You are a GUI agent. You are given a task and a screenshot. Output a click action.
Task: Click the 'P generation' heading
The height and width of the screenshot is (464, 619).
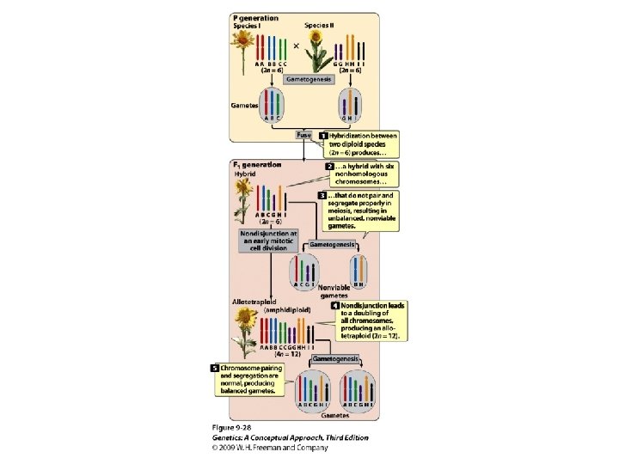(x=255, y=17)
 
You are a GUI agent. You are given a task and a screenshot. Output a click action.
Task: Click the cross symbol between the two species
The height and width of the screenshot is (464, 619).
(x=297, y=46)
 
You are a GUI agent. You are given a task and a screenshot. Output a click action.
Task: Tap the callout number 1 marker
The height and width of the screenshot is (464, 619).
(x=324, y=136)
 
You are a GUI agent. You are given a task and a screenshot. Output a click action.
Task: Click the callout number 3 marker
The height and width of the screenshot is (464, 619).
(x=322, y=196)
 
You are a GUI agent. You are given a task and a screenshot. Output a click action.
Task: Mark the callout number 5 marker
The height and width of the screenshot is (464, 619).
(x=215, y=369)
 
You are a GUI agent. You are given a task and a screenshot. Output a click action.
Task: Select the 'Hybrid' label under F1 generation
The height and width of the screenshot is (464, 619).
(x=245, y=174)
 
